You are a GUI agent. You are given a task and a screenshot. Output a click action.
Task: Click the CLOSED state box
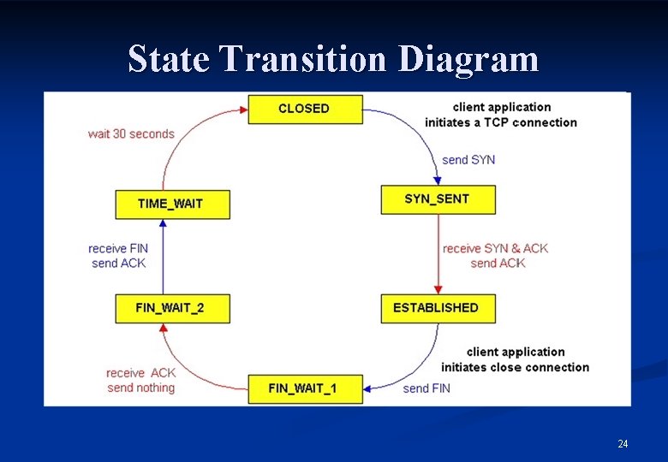pyautogui.click(x=305, y=109)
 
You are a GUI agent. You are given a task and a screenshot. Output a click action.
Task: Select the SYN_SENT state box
pyautogui.click(x=438, y=199)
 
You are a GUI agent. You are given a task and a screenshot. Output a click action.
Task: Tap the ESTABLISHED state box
pyautogui.click(x=438, y=308)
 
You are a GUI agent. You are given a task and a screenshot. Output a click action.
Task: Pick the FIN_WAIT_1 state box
pyautogui.click(x=305, y=388)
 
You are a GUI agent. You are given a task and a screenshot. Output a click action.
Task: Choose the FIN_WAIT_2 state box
pyautogui.click(x=172, y=308)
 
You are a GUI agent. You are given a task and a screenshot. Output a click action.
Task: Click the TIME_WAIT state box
pyautogui.click(x=172, y=204)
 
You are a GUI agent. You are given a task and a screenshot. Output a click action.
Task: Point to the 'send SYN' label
pyautogui.click(x=468, y=160)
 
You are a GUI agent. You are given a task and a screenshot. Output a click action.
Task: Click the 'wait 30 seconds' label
pyautogui.click(x=131, y=133)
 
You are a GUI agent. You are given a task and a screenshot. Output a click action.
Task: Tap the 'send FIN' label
pyautogui.click(x=426, y=388)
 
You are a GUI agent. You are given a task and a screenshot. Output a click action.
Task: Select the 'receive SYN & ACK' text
pyautogui.click(x=495, y=248)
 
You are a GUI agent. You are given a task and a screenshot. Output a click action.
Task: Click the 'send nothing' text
pyautogui.click(x=141, y=388)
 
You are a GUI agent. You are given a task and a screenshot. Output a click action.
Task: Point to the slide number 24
pyautogui.click(x=623, y=443)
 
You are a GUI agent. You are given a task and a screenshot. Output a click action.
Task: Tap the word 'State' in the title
pyautogui.click(x=170, y=59)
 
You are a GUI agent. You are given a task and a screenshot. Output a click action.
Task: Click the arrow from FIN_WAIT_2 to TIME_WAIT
pyautogui.click(x=163, y=257)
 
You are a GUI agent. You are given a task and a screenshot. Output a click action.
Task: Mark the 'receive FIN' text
pyautogui.click(x=118, y=248)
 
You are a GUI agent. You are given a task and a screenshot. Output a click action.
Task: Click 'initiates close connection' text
pyautogui.click(x=515, y=367)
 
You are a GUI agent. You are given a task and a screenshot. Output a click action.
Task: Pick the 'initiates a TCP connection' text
pyautogui.click(x=500, y=122)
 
